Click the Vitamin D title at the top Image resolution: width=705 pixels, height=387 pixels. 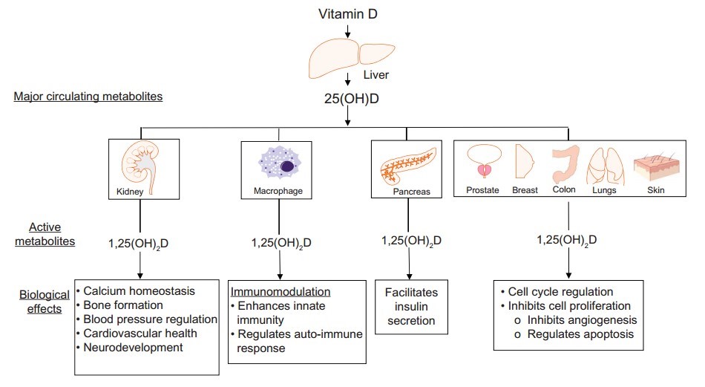[347, 14]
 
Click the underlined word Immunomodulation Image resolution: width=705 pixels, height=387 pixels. [281, 291]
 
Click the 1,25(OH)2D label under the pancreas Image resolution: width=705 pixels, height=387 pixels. [410, 240]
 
